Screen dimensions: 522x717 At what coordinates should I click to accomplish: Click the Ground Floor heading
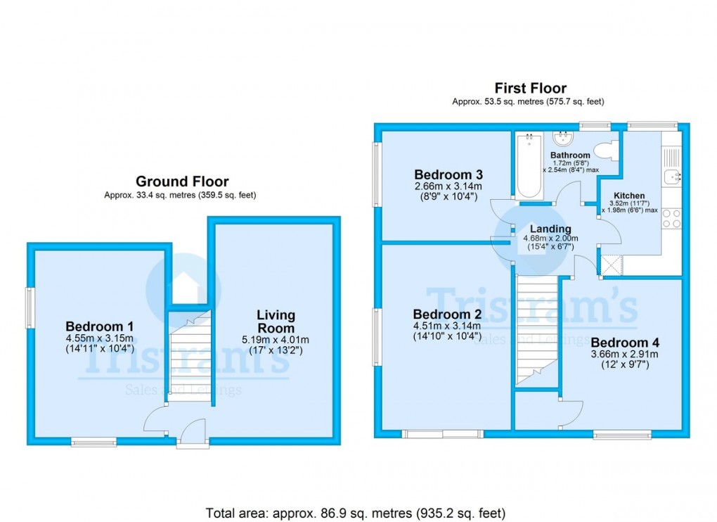tap(182, 182)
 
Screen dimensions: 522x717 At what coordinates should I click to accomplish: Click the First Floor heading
tap(530, 88)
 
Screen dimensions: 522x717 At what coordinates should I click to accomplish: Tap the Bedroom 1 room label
tap(100, 326)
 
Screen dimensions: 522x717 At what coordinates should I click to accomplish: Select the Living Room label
tap(276, 322)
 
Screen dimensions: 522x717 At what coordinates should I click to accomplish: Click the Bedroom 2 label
tap(447, 314)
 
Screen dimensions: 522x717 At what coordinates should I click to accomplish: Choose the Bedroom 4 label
tap(625, 343)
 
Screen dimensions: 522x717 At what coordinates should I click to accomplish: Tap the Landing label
tap(550, 229)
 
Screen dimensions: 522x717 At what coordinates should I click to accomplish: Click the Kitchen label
tap(629, 196)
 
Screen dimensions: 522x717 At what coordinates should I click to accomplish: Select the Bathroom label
tap(570, 155)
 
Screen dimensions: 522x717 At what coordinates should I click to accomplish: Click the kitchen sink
tap(671, 176)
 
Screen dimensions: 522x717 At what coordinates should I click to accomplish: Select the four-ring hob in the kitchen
tap(671, 218)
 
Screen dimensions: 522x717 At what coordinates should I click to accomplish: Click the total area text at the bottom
tap(355, 512)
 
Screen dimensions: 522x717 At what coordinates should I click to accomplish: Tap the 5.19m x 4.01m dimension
tap(276, 340)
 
